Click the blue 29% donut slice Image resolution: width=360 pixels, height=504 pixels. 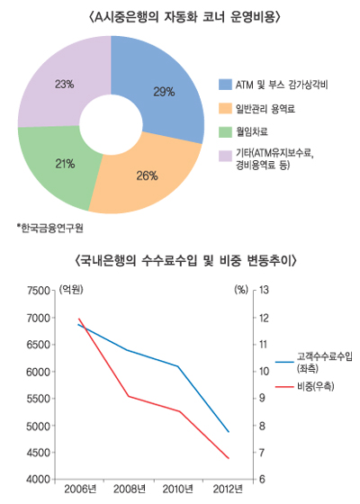point(166,90)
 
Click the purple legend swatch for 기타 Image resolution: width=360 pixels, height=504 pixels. point(225,156)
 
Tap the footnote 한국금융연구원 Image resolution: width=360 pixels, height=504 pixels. point(51,226)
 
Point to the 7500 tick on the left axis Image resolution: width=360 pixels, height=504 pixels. point(40,291)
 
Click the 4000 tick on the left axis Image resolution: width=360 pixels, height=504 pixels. point(40,480)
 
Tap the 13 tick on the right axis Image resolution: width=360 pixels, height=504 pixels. point(265,291)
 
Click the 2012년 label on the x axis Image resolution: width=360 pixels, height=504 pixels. point(227,490)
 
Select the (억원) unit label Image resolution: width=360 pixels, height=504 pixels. point(72,290)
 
